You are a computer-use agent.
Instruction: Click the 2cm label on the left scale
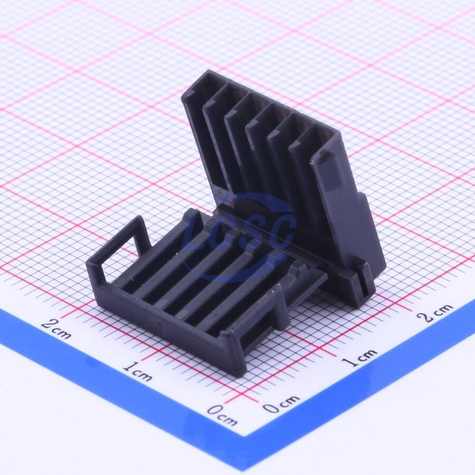coord(56,329)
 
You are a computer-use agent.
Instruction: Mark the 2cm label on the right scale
coord(435,312)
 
